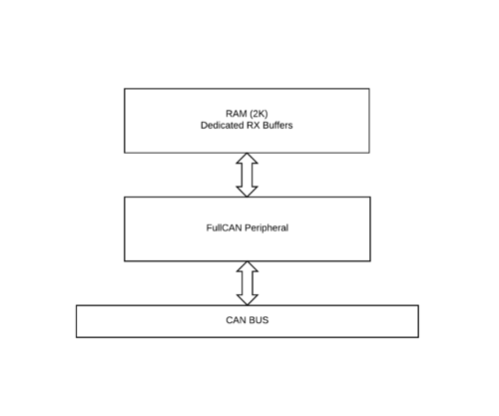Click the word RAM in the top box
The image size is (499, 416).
point(237,114)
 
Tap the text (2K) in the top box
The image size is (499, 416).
point(258,114)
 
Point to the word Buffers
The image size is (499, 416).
point(277,126)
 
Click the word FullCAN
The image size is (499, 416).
point(224,227)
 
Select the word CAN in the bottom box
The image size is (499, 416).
point(236,320)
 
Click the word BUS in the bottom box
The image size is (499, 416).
point(258,320)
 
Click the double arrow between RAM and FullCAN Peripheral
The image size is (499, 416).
point(247,175)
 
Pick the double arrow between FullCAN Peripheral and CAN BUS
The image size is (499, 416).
point(248,283)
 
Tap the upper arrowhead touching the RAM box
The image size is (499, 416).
point(247,158)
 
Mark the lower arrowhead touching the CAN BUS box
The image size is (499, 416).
point(248,300)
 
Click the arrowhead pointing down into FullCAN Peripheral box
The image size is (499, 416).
point(247,192)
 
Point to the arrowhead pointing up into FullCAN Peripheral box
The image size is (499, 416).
point(248,266)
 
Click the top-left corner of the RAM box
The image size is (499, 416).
point(125,89)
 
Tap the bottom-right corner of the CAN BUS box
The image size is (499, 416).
point(418,337)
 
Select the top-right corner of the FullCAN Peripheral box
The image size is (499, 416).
point(370,198)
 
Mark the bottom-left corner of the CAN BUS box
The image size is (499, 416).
point(77,337)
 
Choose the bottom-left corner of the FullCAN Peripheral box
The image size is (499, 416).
point(125,261)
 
